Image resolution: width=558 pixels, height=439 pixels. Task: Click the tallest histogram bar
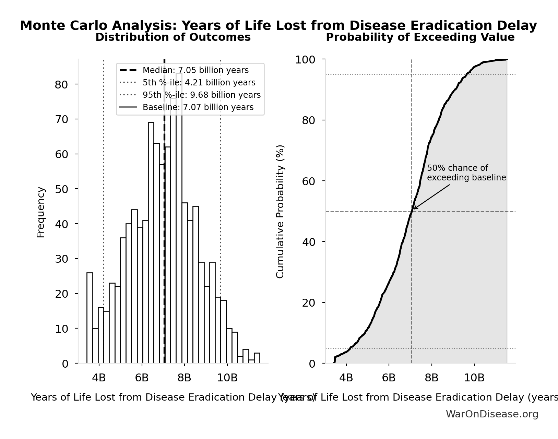(x=179, y=219)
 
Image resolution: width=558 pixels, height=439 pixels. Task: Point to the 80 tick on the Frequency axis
(x=61, y=84)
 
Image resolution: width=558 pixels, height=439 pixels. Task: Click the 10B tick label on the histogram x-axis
(x=227, y=378)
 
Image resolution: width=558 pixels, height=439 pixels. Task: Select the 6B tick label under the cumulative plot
(x=389, y=378)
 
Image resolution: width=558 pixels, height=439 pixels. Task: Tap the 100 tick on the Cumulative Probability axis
(x=305, y=60)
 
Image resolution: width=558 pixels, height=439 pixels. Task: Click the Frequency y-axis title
(x=40, y=212)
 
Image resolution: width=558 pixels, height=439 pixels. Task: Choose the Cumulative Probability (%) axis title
(x=280, y=211)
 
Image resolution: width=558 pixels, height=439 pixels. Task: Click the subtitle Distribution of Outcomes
(x=173, y=37)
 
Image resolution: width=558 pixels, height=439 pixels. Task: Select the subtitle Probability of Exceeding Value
(x=420, y=37)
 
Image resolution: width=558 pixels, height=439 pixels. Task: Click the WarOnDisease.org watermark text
(x=492, y=414)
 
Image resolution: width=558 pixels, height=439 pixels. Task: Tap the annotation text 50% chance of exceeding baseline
(x=466, y=173)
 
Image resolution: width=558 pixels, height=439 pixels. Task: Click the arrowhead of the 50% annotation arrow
(x=414, y=209)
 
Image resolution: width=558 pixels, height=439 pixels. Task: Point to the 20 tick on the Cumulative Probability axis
(x=308, y=302)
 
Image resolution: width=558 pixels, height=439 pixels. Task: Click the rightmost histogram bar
(x=257, y=358)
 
